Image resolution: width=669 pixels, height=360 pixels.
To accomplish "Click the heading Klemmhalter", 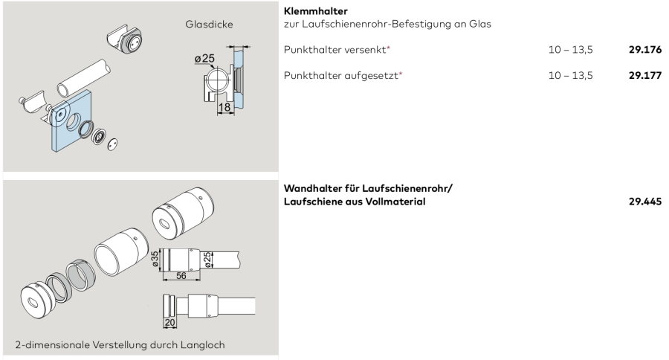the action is pos(316,12).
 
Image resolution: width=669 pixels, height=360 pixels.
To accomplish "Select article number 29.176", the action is pos(645,50).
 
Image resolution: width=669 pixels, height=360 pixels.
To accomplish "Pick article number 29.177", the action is pos(645,76).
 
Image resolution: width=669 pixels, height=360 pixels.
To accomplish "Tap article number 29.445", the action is pos(645,202).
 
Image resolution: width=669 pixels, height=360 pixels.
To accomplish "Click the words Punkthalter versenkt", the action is pos(334,50).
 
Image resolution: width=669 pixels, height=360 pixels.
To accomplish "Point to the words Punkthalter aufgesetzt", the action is pos(341,76).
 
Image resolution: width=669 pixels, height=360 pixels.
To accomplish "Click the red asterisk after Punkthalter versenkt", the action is pos(388,48).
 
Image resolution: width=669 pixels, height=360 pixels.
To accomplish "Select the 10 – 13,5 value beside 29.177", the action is pos(570,76).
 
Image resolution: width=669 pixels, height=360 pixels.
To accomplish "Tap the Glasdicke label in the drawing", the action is pos(209,25).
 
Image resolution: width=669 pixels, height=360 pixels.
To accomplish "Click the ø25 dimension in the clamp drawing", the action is pos(204,59).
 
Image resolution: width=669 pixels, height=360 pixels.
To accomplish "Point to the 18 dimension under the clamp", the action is pos(224,107).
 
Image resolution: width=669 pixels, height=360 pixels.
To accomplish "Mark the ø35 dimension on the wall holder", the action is pos(155,259).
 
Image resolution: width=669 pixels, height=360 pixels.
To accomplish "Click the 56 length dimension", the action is pos(181,276).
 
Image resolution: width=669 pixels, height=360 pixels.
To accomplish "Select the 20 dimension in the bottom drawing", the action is pos(169,322).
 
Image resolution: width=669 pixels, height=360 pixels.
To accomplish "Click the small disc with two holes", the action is pos(112,144).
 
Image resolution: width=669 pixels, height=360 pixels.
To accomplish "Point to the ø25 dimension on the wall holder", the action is pos(207,260).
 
